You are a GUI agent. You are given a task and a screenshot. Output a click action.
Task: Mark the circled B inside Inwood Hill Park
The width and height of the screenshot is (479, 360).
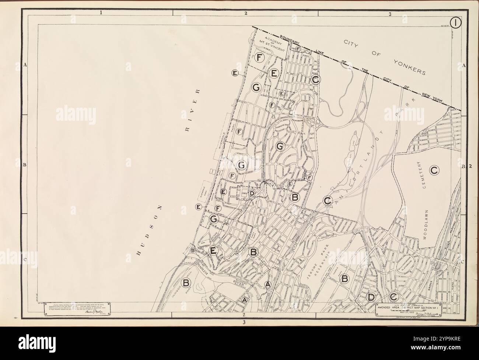pyautogui.click(x=186, y=283)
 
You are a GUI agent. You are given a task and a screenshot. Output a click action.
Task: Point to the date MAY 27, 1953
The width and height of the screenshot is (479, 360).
pyautogui.click(x=408, y=312)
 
